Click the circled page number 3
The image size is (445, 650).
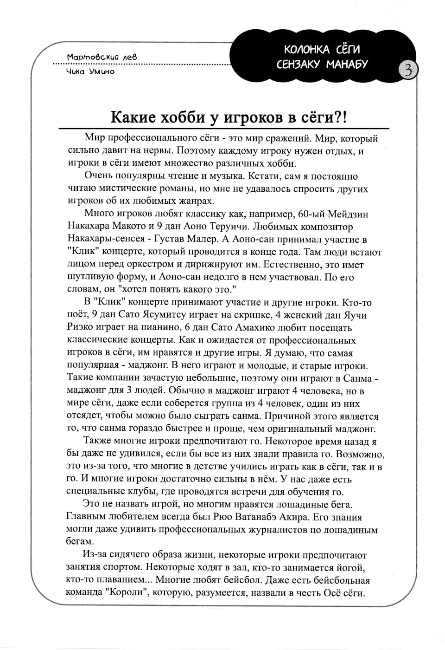[x=408, y=70]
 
